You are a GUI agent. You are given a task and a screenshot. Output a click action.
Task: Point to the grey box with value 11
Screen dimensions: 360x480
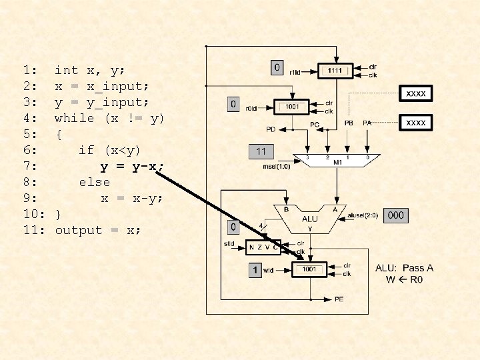[x=261, y=151]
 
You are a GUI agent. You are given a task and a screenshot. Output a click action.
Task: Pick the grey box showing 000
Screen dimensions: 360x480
[x=396, y=215]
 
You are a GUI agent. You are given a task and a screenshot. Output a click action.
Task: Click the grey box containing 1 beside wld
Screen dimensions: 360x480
[x=254, y=271]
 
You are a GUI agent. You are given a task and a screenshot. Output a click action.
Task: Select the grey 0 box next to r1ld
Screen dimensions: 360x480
[x=277, y=67]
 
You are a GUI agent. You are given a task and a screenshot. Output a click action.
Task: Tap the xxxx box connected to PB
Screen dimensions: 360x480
[x=416, y=94]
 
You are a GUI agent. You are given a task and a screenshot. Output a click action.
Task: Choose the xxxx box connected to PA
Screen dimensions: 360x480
[x=416, y=123]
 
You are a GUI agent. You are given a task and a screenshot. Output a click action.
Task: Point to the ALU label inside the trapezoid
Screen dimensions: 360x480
[x=310, y=219]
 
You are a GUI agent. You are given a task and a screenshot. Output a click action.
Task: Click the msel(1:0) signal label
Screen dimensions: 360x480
[x=278, y=166]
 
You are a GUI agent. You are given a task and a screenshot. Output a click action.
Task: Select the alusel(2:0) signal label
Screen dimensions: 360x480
[x=363, y=215]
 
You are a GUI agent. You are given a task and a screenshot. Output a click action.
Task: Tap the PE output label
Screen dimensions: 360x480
[x=339, y=299]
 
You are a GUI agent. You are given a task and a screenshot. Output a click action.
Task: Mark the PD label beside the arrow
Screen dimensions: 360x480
[x=271, y=129]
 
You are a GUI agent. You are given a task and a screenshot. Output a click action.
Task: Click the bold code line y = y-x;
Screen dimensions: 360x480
[x=132, y=166]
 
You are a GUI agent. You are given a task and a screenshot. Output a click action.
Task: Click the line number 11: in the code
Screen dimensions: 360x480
[x=33, y=230]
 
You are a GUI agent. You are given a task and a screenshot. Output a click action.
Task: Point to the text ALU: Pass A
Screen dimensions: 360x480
[x=404, y=268]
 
